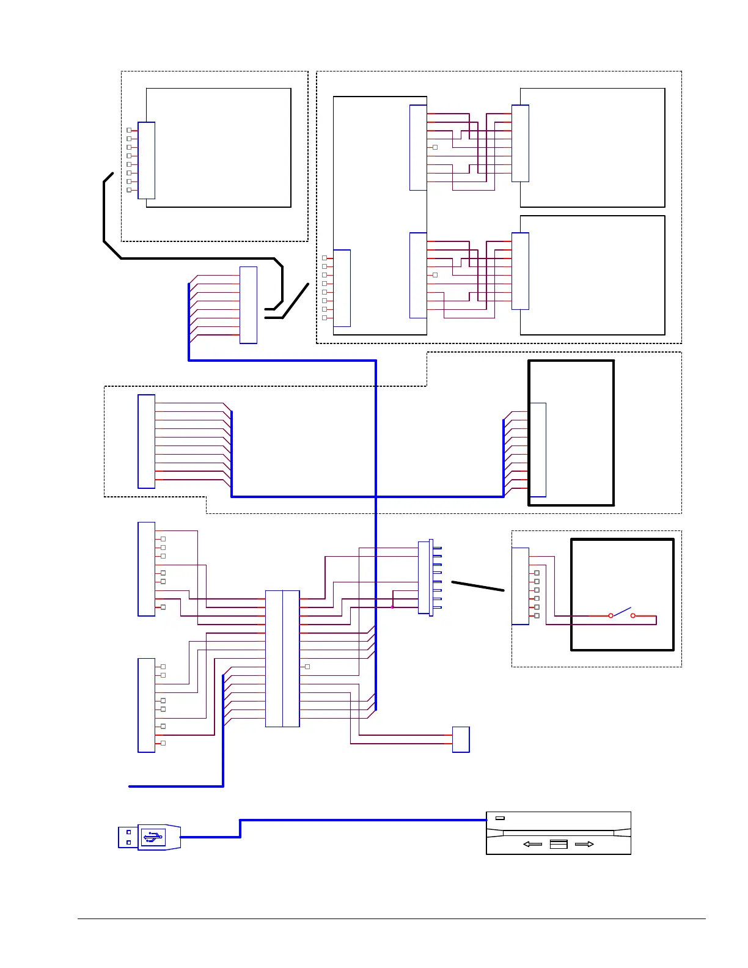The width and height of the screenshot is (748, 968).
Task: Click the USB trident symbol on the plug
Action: click(153, 837)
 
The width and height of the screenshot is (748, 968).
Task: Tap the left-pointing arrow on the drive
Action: click(533, 844)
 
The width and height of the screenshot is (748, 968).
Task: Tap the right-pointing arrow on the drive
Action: click(584, 844)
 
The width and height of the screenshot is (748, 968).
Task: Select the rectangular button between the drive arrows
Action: click(559, 844)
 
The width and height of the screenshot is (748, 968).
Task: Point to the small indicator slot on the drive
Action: click(500, 818)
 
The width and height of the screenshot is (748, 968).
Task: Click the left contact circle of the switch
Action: click(610, 615)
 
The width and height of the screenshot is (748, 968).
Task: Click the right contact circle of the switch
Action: click(633, 615)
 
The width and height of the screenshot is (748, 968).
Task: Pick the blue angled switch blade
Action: click(621, 611)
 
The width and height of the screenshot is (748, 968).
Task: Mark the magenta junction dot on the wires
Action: click(392, 607)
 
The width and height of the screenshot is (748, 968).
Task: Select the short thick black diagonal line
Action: click(478, 586)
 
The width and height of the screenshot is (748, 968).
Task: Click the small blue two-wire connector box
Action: click(461, 739)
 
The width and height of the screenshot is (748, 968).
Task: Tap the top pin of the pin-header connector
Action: click(437, 548)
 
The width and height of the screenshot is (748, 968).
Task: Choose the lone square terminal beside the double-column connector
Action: click(307, 667)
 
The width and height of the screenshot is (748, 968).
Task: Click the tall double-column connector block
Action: click(282, 658)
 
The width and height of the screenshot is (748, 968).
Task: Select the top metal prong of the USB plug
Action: click(128, 832)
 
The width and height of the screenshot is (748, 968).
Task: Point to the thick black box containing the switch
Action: click(622, 594)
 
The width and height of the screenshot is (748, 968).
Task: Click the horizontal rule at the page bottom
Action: click(391, 919)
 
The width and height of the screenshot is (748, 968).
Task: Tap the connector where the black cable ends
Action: click(248, 305)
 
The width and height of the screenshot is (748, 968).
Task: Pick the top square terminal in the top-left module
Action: click(129, 130)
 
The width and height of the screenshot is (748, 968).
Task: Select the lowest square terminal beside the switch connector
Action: click(537, 615)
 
